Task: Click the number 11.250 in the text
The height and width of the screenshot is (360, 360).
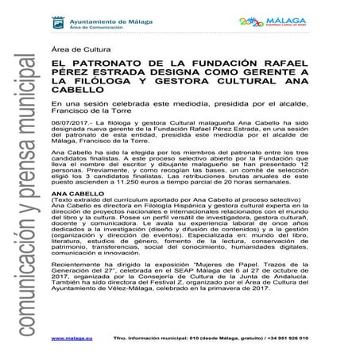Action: click(121, 203)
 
